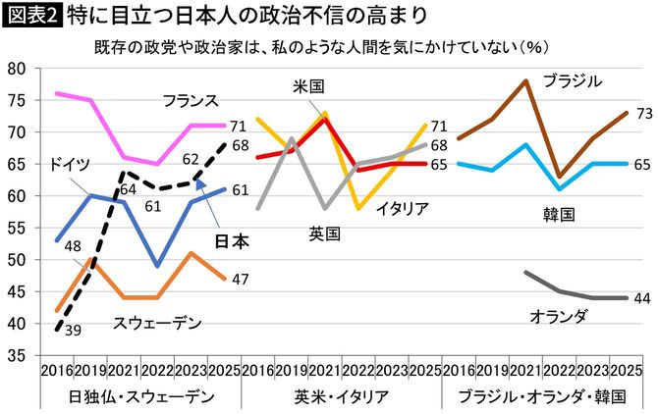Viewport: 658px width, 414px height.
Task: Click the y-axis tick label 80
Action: tap(16, 69)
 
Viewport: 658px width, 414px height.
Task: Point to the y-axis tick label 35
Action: tap(16, 356)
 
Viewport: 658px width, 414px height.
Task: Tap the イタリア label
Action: tap(400, 208)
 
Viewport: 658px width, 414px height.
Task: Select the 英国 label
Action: tap(322, 233)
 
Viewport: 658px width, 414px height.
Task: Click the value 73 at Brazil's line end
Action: tap(643, 114)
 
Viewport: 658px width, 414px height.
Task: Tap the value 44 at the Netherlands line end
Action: tap(643, 299)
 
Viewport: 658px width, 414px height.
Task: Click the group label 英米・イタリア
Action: tap(339, 395)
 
